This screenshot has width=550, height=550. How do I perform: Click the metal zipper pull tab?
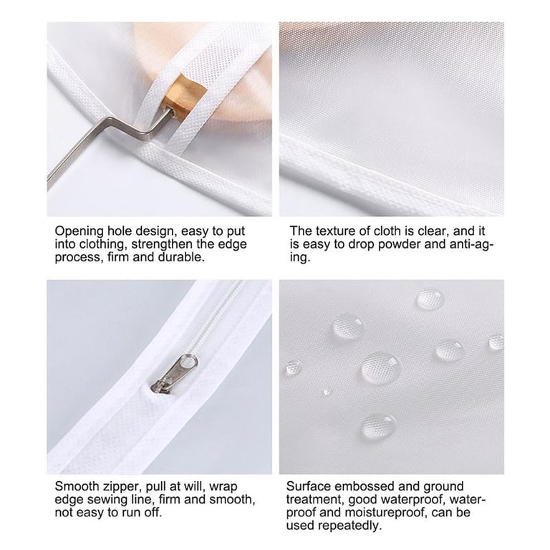click(x=174, y=373)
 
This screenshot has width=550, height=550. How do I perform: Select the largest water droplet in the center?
click(x=381, y=368)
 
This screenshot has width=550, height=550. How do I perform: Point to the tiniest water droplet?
click(x=327, y=392)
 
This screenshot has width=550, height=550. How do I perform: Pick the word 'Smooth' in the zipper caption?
click(x=77, y=486)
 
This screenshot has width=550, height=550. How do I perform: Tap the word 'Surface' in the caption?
click(x=309, y=486)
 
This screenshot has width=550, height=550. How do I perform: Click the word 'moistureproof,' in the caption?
click(x=386, y=513)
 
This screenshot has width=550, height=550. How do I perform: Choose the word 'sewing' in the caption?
click(x=135, y=500)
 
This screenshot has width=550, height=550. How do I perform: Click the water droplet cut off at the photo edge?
click(x=497, y=342)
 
